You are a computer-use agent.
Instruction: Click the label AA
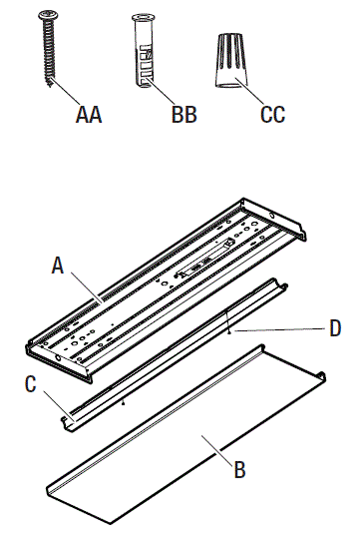point(89,115)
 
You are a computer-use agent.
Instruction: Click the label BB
point(183,115)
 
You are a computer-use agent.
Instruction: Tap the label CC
point(272,115)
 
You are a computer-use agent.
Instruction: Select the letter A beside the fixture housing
point(58,266)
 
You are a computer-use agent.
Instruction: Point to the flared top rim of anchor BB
point(140,18)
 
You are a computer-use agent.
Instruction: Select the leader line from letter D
point(284,328)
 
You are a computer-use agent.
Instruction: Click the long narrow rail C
point(170,349)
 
